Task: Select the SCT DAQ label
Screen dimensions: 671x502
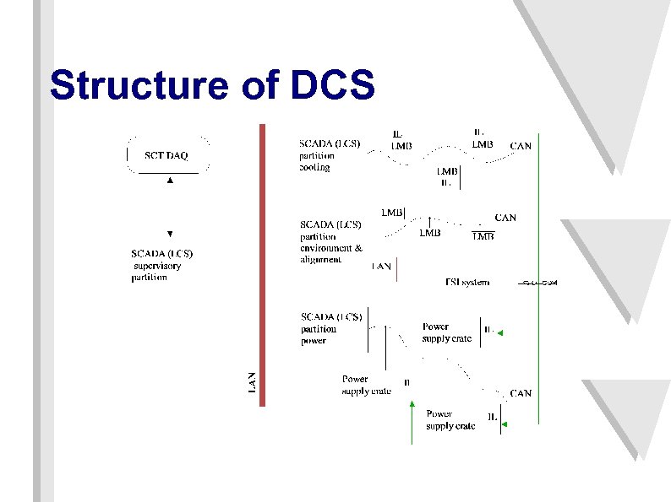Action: (166, 154)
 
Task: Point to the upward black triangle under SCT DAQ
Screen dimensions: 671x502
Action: (170, 181)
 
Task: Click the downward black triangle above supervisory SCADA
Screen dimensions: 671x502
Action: (170, 234)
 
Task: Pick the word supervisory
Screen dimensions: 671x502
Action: (158, 266)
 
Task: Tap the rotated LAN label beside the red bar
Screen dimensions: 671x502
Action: (251, 381)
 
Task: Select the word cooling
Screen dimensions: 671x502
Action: (314, 167)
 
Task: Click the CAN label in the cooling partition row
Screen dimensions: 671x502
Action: (521, 146)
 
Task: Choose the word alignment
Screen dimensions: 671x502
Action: (321, 260)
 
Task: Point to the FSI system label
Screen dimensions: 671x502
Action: (467, 283)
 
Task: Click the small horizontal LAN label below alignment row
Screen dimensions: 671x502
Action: (382, 267)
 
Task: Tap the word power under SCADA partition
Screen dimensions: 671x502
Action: (314, 341)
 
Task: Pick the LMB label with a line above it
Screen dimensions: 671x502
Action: (483, 237)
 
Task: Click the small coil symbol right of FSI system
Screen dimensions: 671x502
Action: (538, 282)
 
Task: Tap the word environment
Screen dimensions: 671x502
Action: (327, 248)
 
